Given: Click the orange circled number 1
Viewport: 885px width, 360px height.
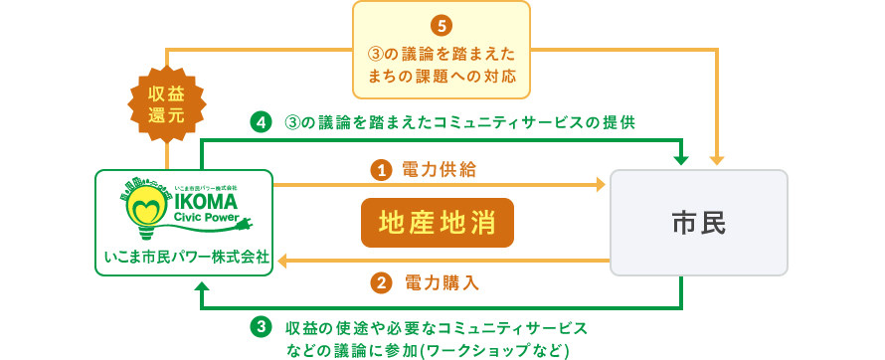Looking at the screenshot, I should pyautogui.click(x=380, y=171).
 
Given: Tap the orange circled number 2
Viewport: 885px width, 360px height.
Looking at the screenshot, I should pyautogui.click(x=380, y=282).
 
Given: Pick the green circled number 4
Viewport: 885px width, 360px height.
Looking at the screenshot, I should pyautogui.click(x=261, y=122).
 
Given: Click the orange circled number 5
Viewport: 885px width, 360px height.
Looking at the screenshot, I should pyautogui.click(x=442, y=24).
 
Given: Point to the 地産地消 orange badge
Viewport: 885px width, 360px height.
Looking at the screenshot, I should pyautogui.click(x=438, y=222).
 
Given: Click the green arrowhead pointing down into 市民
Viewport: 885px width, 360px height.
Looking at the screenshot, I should pyautogui.click(x=681, y=159).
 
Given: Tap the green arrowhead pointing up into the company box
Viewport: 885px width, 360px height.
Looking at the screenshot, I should pyautogui.click(x=202, y=288).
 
